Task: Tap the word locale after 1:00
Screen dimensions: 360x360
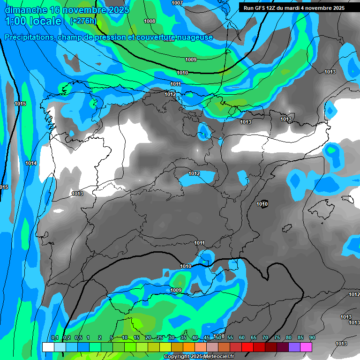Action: pos(45,21)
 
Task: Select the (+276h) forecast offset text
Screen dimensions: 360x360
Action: pos(83,21)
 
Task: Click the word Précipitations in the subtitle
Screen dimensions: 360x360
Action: pos(29,37)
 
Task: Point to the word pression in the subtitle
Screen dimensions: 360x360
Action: pos(122,37)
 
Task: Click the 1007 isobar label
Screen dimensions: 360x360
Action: pos(177,3)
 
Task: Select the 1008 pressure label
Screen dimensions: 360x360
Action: pos(150,21)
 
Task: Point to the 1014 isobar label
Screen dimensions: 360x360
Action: pos(31,163)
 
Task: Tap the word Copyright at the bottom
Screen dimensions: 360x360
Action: pos(177,357)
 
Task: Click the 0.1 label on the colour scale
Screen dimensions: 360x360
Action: pos(54,338)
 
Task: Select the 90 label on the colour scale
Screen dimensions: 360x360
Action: pos(312,338)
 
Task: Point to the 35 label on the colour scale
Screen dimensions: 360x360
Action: pos(183,338)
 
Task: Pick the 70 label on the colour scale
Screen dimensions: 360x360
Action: pos(265,338)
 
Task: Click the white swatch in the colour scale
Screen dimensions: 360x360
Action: pos(48,347)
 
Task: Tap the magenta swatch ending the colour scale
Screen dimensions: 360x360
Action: pos(306,347)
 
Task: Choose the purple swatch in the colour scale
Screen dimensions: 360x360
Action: pos(294,347)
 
